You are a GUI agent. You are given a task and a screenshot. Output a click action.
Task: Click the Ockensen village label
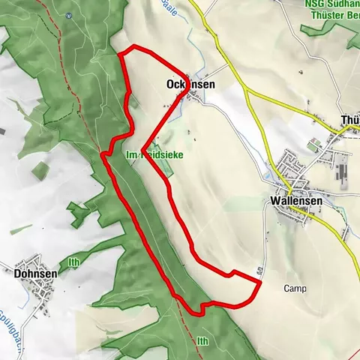[189, 85]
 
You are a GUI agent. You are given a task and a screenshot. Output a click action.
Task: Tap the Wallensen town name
[292, 201]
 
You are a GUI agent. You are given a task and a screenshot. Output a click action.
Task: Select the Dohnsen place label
[35, 274]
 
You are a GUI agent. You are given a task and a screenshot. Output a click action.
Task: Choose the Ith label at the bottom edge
[202, 341]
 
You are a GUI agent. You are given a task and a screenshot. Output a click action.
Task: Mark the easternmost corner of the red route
[259, 283]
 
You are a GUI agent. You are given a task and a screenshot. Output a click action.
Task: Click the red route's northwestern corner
[121, 53]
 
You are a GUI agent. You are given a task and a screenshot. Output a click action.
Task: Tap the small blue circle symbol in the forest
[68, 15]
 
